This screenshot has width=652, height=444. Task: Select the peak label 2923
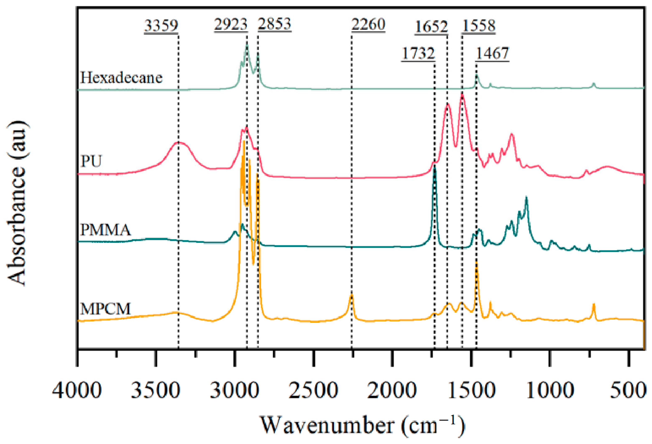pyautogui.click(x=231, y=24)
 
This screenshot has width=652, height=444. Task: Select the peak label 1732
pyautogui.click(x=418, y=53)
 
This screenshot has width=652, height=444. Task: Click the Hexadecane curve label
pyautogui.click(x=121, y=78)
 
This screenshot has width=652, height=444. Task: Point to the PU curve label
pyautogui.click(x=91, y=161)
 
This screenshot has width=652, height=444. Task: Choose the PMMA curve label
pyautogui.click(x=105, y=230)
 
